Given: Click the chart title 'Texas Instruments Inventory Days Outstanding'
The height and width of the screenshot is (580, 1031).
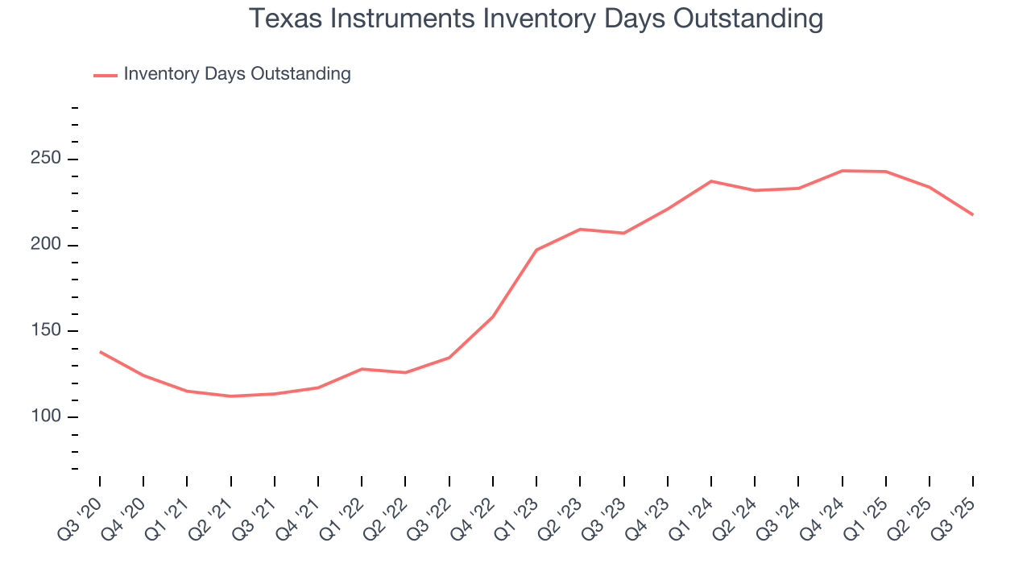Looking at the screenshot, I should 536,19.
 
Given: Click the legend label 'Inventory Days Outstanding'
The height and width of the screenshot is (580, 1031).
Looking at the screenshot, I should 237,74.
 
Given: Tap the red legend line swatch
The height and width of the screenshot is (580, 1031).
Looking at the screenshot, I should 106,75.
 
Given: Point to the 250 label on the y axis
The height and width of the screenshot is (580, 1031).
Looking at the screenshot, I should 46,159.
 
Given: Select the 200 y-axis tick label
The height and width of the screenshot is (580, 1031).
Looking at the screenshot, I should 46,245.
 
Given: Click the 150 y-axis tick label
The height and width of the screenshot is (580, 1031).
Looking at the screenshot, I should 46,331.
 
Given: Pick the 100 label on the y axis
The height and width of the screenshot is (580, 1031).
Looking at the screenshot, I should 46,416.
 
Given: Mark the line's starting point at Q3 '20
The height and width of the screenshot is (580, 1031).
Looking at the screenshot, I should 100,351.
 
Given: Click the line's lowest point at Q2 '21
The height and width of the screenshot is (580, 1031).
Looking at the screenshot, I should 231,396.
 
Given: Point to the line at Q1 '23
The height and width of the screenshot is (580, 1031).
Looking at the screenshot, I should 536,250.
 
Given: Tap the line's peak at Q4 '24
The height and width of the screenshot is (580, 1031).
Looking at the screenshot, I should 842,171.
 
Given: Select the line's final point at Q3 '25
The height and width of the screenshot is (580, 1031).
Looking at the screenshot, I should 972,214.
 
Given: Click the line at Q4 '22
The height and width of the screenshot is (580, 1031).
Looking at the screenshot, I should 493,317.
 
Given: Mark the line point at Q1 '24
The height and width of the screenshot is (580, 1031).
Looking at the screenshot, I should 711,181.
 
